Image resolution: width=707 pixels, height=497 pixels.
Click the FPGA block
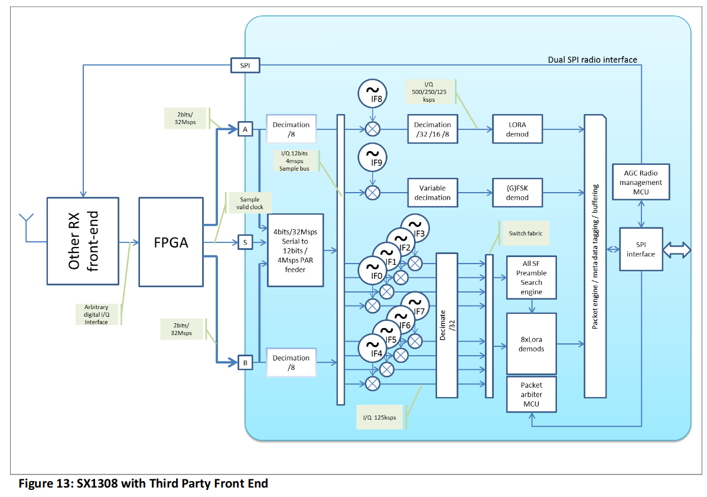click(x=171, y=242)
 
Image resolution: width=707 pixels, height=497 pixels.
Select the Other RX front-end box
click(x=83, y=241)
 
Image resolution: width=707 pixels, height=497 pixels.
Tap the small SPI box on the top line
click(x=245, y=66)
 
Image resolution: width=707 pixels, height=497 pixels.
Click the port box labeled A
click(x=245, y=129)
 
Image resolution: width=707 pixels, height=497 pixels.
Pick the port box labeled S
click(x=245, y=242)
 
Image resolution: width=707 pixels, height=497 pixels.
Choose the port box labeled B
click(x=245, y=362)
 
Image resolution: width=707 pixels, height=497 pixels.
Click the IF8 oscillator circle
click(x=373, y=94)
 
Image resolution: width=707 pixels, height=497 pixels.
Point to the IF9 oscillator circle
click(x=373, y=157)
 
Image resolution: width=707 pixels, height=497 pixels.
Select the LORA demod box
click(x=517, y=129)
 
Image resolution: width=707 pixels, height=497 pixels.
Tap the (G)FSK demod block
click(x=517, y=193)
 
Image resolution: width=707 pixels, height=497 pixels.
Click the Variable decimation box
click(x=432, y=193)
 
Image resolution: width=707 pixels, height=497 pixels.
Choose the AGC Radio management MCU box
click(x=641, y=182)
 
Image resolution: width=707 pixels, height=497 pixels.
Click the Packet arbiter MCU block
click(x=531, y=394)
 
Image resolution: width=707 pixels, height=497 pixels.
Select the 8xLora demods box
click(x=531, y=344)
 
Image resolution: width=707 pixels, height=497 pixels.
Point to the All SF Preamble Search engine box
click(x=531, y=277)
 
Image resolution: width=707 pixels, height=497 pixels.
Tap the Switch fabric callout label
click(x=525, y=233)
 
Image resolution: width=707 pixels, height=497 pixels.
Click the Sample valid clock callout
click(x=249, y=203)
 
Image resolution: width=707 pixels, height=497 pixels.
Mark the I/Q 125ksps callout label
click(x=379, y=417)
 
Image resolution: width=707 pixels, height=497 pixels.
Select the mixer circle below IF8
click(x=373, y=129)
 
